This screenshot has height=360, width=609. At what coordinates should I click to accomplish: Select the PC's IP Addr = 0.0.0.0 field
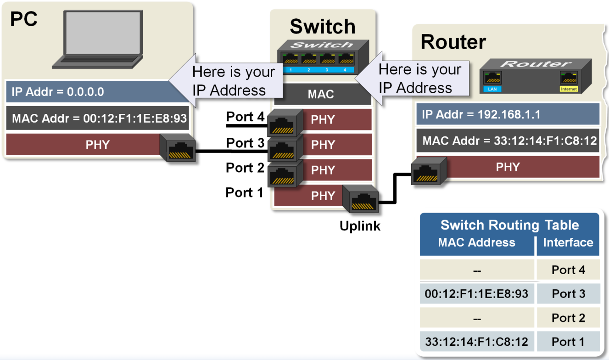92,92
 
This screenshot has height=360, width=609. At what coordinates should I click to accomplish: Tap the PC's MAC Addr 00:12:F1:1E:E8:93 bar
99,118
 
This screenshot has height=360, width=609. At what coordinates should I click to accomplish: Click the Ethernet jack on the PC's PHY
178,148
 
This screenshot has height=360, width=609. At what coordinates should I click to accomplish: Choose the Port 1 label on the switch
244,193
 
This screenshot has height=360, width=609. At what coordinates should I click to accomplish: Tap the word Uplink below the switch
360,226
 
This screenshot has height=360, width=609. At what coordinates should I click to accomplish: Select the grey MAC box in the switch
322,95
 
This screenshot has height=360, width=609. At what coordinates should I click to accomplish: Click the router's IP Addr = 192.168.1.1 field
508,114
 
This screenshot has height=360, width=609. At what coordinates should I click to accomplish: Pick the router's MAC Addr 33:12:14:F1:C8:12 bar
508,141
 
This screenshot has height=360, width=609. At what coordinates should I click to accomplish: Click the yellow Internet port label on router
568,89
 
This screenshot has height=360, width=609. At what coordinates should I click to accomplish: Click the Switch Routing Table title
509,225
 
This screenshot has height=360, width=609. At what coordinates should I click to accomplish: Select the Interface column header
568,242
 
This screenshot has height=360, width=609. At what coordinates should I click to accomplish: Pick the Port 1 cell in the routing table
568,342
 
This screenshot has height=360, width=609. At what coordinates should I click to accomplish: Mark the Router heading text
453,42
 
